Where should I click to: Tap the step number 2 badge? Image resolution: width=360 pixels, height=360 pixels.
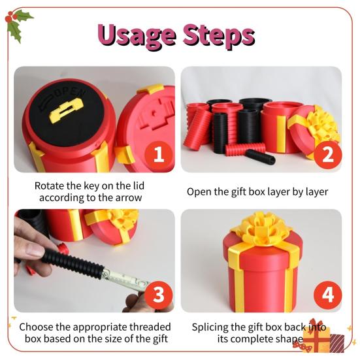point(327,155)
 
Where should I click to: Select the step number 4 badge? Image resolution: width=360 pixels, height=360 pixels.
point(327,295)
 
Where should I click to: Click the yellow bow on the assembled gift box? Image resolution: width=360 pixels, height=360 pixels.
point(261,229)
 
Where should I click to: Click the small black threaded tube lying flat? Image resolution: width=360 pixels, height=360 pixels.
point(259,157)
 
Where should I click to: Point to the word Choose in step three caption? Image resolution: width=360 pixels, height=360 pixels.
point(37,326)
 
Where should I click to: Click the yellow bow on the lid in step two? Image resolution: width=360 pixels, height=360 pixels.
point(321,127)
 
